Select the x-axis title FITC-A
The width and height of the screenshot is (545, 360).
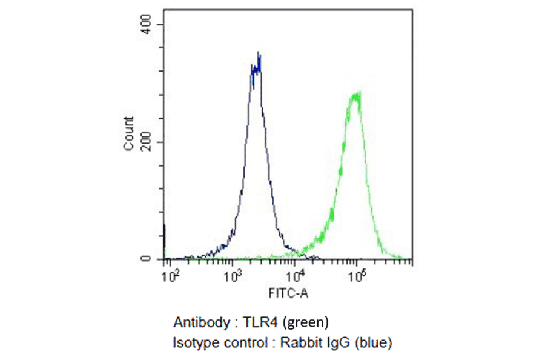289,295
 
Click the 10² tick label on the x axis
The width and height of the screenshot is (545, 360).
172,276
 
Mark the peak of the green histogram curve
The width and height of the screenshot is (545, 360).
357,93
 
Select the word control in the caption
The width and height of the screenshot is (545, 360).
241,342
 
